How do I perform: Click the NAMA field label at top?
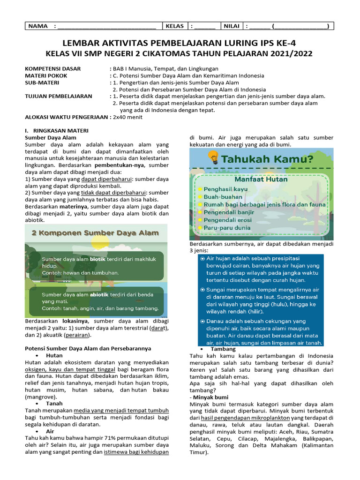point(38,26)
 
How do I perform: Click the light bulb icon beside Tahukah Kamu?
point(213,158)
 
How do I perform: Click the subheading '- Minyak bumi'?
point(209,397)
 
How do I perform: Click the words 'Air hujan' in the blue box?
point(220,258)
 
